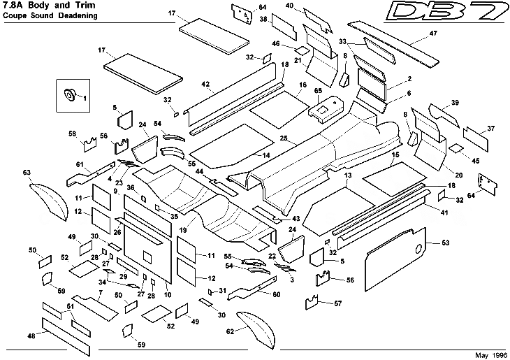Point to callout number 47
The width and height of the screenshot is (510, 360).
[x=433, y=34]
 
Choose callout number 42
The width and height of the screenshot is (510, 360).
[x=206, y=84]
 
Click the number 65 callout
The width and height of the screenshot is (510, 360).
[x=317, y=91]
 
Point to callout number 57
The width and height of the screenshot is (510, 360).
[x=339, y=303]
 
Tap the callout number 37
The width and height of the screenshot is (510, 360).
[x=491, y=128]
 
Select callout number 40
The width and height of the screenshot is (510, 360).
[x=289, y=6]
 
